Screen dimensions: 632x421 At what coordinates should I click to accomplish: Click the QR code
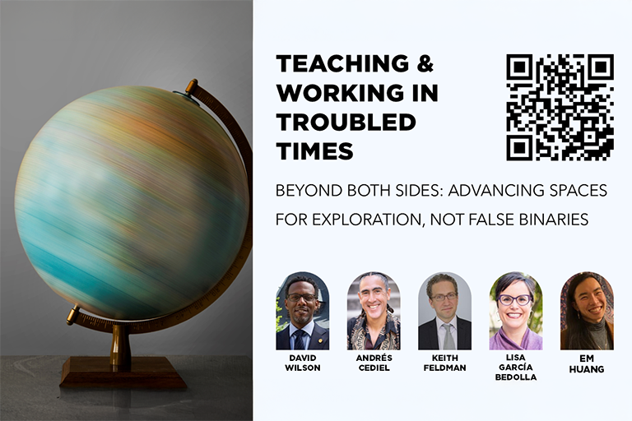(560, 107)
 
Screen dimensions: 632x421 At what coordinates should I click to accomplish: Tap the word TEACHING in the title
(342, 63)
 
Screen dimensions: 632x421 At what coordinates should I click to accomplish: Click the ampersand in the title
(425, 63)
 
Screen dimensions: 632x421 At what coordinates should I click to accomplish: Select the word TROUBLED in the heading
(346, 122)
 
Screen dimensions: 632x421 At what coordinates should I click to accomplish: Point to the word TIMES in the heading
(315, 151)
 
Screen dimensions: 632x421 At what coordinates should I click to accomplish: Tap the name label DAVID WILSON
(302, 363)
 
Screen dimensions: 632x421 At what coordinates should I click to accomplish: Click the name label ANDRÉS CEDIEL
(374, 363)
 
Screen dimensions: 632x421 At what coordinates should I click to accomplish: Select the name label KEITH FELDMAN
(444, 363)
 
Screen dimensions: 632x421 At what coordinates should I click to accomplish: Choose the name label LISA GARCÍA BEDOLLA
(516, 367)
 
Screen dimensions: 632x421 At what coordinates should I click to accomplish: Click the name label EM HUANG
(587, 363)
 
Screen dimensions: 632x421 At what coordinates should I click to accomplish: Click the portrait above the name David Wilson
(302, 311)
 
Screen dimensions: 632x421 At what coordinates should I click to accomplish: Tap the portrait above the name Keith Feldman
(444, 311)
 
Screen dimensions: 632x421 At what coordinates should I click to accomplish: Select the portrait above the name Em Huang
(587, 311)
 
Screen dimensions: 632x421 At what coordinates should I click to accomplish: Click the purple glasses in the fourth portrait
(514, 300)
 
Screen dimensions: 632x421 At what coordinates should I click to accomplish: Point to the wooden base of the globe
(123, 372)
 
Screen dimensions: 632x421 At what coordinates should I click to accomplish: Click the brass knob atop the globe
(191, 86)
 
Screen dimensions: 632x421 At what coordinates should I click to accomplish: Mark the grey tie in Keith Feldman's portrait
(448, 335)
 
